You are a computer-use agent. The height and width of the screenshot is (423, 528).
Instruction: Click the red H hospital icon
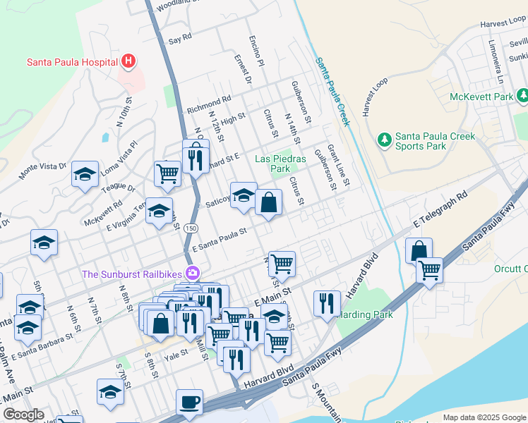128,62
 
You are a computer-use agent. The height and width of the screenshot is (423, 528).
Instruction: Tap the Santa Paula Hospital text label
71,62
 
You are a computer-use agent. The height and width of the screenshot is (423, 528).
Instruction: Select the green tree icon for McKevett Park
522,95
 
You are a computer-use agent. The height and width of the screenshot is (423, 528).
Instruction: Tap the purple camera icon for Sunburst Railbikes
192,273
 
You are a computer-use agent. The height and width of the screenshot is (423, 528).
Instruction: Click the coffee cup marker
189,403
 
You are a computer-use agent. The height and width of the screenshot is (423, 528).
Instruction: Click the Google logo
23,415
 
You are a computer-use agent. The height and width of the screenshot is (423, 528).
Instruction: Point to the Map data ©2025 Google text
484,417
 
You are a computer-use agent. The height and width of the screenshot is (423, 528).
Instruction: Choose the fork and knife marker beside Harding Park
327,304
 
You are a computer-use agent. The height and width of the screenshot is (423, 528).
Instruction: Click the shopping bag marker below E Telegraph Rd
419,251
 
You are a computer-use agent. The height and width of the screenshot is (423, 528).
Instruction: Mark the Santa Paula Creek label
332,92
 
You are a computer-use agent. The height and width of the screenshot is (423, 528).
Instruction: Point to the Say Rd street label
180,37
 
